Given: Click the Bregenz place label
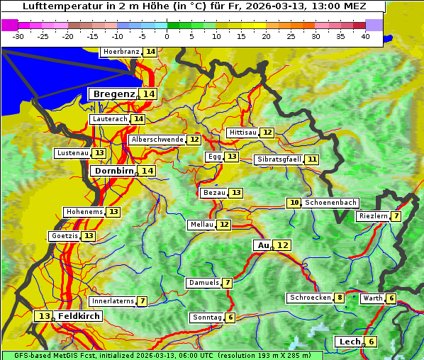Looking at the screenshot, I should click(x=113, y=94).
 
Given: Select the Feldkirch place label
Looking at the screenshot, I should click(x=79, y=315).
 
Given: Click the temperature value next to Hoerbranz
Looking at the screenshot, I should click(x=150, y=52).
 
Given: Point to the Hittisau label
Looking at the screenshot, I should click(x=242, y=133).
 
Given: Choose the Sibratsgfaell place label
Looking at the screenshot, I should click(x=279, y=159).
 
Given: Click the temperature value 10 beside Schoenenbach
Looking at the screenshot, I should click(x=294, y=203).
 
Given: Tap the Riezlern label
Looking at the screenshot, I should click(x=373, y=216).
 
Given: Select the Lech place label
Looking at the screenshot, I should click(x=349, y=342).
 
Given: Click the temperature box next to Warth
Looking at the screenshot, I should click(x=391, y=298).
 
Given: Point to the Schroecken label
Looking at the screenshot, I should click(x=310, y=298).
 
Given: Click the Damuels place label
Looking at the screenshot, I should click(x=203, y=283).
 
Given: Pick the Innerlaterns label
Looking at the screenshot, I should click(x=113, y=301).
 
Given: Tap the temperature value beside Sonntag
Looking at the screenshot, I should click(x=230, y=317).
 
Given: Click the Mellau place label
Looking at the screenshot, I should click(x=201, y=225).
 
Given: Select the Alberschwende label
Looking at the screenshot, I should click(x=157, y=140).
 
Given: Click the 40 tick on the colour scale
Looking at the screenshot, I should click(x=365, y=35).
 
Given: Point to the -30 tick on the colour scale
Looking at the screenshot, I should click(x=18, y=35).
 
